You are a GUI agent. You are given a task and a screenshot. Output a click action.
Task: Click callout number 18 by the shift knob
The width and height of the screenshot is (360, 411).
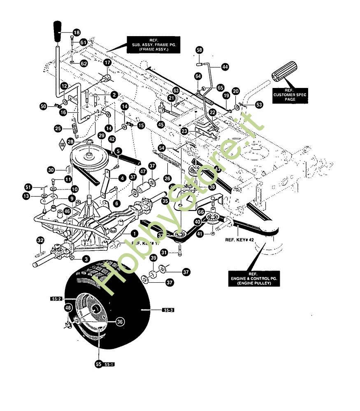pos(77,32)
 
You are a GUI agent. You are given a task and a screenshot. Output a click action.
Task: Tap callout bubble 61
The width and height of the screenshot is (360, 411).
pos(84,42)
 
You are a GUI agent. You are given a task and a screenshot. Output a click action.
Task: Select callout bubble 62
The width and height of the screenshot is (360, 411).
pos(84,64)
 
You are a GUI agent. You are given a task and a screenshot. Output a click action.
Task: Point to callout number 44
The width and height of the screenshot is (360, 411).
pos(225,66)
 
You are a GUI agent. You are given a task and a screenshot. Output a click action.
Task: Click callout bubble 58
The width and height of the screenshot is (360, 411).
pos(200,50)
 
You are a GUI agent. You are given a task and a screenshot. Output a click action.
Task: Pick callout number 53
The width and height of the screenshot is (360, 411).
pos(259,105)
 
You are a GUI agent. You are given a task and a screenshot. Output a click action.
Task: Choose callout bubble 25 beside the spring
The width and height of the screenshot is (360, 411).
pos(58,129)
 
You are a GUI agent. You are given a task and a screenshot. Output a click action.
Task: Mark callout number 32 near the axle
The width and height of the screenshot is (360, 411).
pos(40,240)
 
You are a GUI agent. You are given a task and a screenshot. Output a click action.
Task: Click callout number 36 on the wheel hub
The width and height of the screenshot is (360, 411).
pos(119,322)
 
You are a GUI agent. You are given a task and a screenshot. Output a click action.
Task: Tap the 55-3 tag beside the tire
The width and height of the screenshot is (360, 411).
pos(168,310)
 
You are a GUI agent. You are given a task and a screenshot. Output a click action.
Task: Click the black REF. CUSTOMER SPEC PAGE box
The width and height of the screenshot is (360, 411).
pos(290,95)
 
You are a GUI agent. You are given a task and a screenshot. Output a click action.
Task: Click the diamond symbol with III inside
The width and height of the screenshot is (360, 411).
pos(62,145)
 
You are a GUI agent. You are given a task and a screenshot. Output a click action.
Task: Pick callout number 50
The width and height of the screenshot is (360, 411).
pos(43,106)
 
